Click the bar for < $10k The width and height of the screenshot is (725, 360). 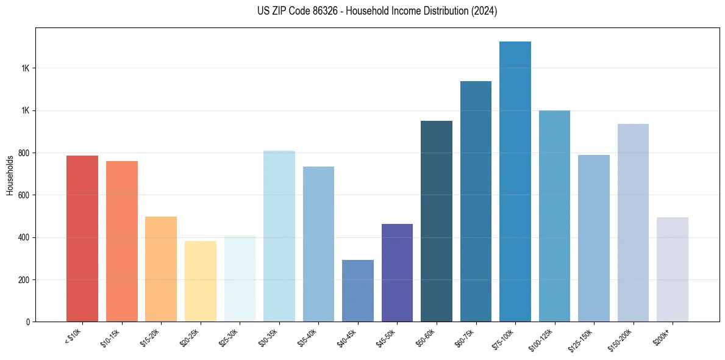click(x=82, y=239)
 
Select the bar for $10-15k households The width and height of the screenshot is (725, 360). click(x=122, y=241)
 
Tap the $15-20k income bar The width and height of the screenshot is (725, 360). click(x=161, y=269)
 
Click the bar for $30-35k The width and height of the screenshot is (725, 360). click(x=279, y=236)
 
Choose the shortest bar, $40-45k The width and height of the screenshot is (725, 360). click(x=358, y=291)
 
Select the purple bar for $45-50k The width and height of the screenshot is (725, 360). click(x=397, y=273)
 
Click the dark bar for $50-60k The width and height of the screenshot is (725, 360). click(x=437, y=221)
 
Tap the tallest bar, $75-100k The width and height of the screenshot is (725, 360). click(x=515, y=181)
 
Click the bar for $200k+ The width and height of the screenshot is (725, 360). click(x=673, y=269)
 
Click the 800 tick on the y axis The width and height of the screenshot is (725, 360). click(x=24, y=153)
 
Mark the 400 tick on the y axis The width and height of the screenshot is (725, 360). click(x=24, y=237)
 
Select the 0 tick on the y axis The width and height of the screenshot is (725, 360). click(x=28, y=322)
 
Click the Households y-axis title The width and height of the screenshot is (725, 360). click(x=10, y=175)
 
